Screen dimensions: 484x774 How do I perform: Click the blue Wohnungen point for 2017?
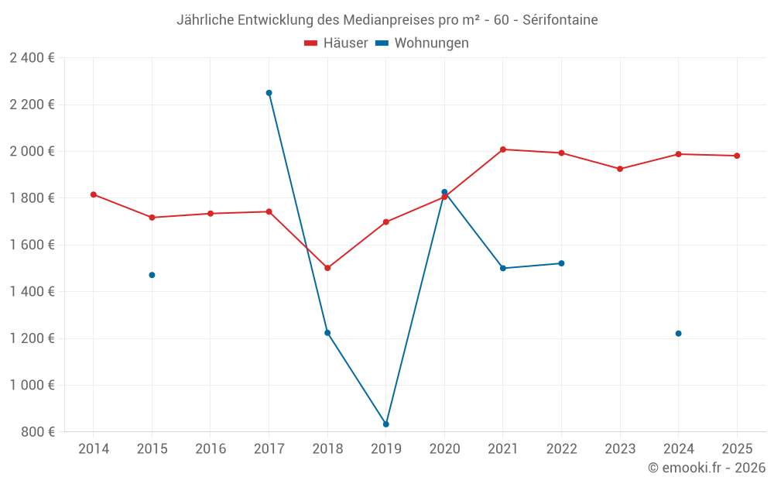tap(269, 93)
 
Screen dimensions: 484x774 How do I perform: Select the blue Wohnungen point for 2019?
tap(385, 424)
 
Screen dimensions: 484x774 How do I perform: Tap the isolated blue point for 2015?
tap(152, 275)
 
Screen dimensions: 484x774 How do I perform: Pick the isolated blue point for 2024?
tap(678, 334)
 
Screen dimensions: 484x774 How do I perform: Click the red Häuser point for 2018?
tap(327, 268)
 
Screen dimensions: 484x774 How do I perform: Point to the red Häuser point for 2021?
tap(502, 149)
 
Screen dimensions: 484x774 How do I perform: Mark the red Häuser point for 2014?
tap(94, 194)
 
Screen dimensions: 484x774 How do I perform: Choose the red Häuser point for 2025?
tap(737, 156)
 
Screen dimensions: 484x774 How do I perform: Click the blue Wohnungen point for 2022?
tap(561, 263)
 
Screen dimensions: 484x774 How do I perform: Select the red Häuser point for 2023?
tap(620, 169)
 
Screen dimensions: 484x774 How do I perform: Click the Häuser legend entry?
tap(337, 43)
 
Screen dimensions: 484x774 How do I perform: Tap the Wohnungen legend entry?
tap(423, 43)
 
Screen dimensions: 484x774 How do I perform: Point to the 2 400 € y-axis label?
tap(33, 58)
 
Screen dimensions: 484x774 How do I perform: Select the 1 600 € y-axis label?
tap(33, 245)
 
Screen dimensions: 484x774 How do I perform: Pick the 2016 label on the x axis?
tap(211, 449)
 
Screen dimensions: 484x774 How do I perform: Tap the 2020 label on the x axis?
tap(444, 449)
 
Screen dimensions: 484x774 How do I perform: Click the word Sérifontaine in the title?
tap(560, 20)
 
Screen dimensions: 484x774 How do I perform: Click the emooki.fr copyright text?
tap(706, 468)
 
